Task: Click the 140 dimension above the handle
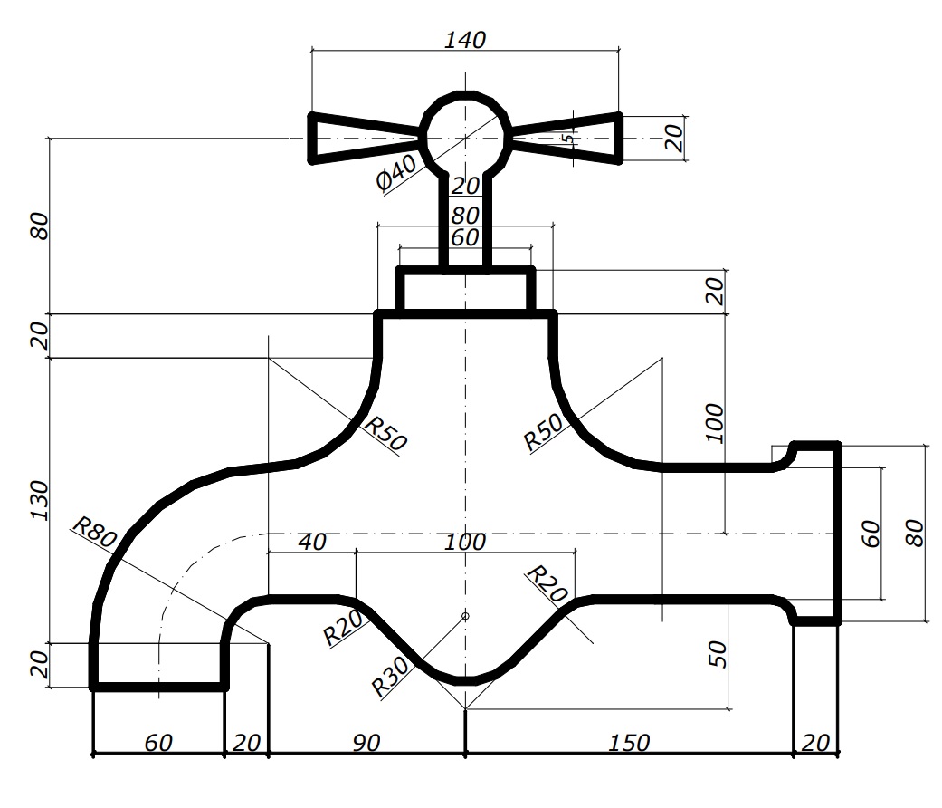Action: point(464,40)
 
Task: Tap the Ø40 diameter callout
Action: point(396,172)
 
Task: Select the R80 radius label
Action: point(94,532)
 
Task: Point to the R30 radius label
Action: point(390,676)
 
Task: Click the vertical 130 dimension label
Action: point(38,500)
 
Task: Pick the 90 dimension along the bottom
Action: point(366,743)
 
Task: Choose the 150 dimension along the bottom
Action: point(628,743)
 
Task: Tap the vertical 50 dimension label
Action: point(718,654)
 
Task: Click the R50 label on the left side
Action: point(385,433)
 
